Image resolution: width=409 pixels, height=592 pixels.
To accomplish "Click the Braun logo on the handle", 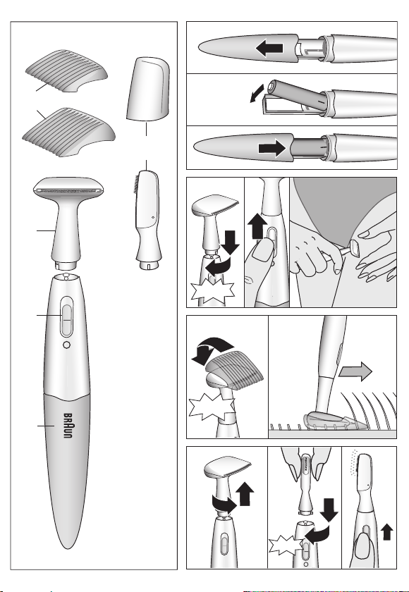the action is (x=68, y=426).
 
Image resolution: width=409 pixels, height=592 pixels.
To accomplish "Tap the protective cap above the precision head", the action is (x=148, y=89).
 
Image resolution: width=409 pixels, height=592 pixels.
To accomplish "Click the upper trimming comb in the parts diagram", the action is (x=66, y=70).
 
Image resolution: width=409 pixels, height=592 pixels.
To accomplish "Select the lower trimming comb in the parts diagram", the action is (x=68, y=132).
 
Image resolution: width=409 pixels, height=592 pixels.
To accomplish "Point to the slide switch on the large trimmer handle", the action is (x=66, y=316).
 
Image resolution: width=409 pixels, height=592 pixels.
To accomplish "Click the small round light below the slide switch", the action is (x=66, y=345).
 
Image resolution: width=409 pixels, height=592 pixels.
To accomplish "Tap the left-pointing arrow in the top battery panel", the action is (x=269, y=49).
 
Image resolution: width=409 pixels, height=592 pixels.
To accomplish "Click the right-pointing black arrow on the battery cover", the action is (x=272, y=148).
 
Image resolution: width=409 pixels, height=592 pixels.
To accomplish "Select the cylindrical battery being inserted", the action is (x=296, y=96).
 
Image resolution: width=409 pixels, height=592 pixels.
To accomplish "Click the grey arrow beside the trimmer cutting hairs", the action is (x=355, y=371).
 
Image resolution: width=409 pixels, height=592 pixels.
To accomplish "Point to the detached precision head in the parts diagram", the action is (x=148, y=220).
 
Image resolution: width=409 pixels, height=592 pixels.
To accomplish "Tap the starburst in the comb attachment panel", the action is (x=211, y=407).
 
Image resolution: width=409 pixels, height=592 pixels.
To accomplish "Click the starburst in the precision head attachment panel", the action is (x=286, y=545).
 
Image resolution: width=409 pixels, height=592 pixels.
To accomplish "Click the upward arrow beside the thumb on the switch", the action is (x=257, y=226).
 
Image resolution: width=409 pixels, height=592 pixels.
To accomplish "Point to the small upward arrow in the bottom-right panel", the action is (x=387, y=532).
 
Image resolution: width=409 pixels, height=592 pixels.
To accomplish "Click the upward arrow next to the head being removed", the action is (x=245, y=493).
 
